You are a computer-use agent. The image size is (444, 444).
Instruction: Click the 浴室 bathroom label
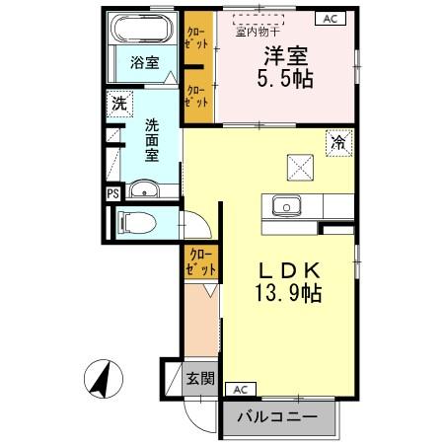145,62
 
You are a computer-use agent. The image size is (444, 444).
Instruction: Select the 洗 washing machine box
118,102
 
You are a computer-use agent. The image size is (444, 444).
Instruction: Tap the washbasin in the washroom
146,190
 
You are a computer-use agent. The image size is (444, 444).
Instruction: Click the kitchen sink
288,206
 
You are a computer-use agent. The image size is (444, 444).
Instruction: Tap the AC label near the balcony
241,388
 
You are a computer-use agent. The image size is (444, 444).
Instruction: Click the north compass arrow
100,379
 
